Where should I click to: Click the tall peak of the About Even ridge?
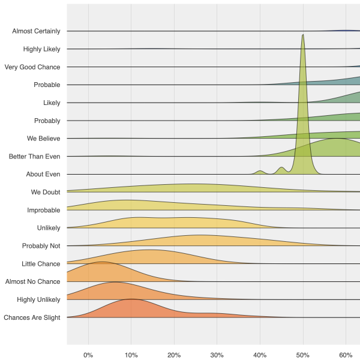[x=303, y=36]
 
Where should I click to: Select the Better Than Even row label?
[x=35, y=157]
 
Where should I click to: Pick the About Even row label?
[x=43, y=175]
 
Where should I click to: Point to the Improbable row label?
[x=44, y=211]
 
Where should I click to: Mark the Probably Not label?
[x=41, y=246]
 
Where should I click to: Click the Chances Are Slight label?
[x=32, y=317]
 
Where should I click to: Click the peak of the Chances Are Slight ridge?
[x=131, y=299]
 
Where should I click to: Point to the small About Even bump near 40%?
[x=260, y=172]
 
